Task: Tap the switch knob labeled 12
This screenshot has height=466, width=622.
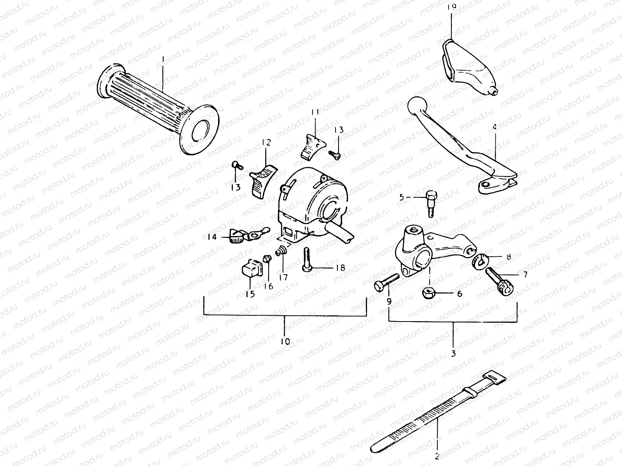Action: click(x=262, y=179)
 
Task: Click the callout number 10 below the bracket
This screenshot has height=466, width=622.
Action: click(x=285, y=342)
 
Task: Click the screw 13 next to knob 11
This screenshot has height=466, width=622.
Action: click(x=335, y=155)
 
